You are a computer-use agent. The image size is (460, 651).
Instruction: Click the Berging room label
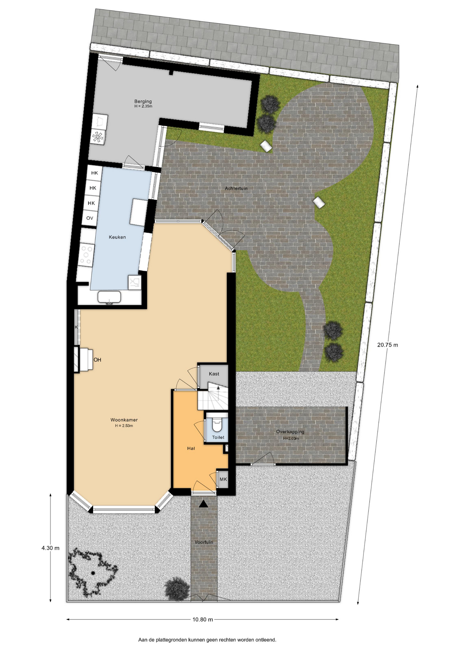(143, 101)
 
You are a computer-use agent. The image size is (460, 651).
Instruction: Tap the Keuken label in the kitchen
(117, 237)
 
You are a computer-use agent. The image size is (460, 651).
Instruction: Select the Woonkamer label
(124, 420)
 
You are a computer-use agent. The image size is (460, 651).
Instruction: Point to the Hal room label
(191, 448)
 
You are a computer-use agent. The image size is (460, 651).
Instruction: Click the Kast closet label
(214, 374)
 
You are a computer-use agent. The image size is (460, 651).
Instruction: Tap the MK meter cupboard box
(223, 479)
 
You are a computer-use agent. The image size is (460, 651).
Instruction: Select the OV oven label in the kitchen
(90, 218)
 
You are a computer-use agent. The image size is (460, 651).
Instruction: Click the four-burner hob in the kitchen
(87, 255)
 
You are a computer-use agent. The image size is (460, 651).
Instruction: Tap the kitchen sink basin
(109, 297)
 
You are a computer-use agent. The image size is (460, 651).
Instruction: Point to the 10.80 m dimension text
(203, 619)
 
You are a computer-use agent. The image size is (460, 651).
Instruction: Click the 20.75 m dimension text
(388, 345)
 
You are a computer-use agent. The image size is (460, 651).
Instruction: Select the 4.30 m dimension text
(50, 548)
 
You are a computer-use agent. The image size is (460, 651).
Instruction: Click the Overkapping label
(290, 432)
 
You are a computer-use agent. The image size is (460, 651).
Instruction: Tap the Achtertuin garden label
(236, 188)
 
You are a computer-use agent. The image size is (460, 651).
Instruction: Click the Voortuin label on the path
(204, 542)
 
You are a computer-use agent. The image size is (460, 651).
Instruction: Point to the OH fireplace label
(98, 360)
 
